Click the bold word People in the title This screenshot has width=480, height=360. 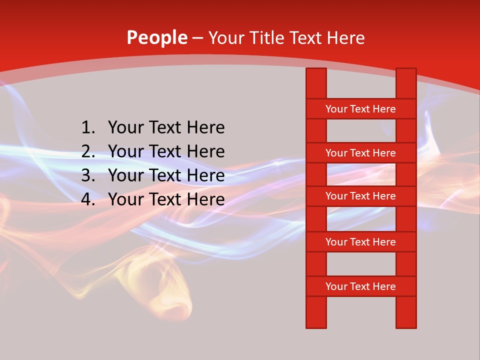pos(157,38)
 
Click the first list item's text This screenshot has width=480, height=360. pos(166,128)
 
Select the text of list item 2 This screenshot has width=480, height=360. pos(166,151)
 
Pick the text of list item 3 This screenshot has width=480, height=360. pos(166,175)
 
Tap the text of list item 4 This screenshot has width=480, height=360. pos(166,199)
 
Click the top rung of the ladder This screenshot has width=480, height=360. pos(361,109)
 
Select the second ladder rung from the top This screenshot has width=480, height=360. pos(361,153)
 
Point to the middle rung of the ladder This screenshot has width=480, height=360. pos(361,196)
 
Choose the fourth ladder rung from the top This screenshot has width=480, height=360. pos(361,242)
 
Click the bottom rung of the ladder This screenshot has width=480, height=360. pos(361,286)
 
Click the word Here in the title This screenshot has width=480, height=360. pos(346,38)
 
